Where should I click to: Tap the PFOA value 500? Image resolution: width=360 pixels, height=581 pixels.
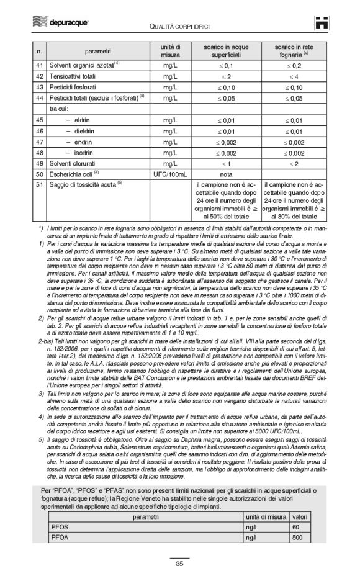pos(296,538)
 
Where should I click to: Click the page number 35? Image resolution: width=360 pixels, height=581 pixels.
pos(179,564)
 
